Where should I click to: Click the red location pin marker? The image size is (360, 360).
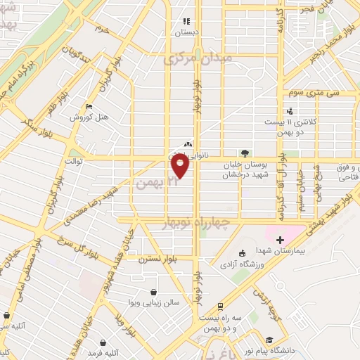point(179,166)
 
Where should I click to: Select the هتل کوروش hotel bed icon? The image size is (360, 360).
point(88,107)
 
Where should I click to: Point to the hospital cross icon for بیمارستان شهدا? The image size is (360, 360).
point(281,240)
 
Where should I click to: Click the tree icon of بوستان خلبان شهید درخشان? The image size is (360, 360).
point(244,153)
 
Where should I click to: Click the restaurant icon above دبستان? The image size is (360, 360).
point(186,20)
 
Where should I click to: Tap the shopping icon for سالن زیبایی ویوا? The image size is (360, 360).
point(154,292)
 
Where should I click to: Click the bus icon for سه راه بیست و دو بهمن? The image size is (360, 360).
point(221,307)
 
